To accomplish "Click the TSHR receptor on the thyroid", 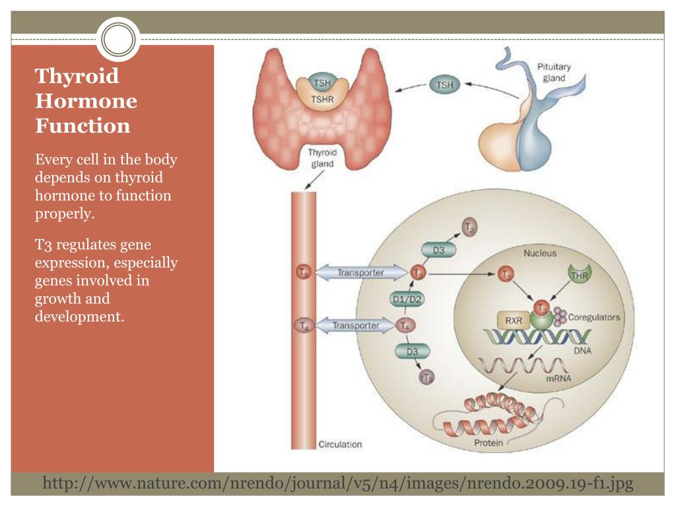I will coord(322,99).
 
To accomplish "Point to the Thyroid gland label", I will coord(323,158).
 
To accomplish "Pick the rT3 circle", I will coord(426,377).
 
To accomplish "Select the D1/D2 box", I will coord(407,299).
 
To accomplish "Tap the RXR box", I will coord(514,321).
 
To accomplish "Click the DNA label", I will coord(582,351).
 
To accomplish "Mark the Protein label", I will coord(489,443).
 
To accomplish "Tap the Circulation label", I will coord(340,444).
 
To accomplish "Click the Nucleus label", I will coord(540,253).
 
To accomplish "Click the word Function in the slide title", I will coord(83,125).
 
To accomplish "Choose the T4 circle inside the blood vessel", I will coord(303,325).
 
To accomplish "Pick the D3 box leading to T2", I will coord(438,250).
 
